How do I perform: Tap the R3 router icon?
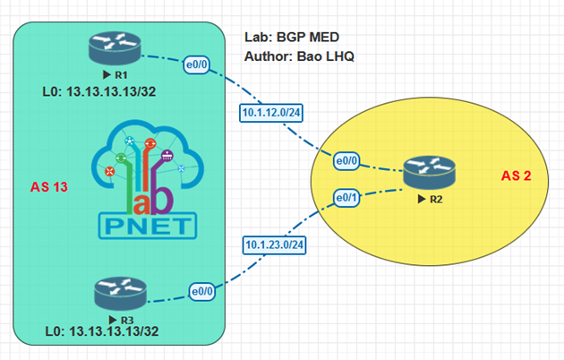(116, 294)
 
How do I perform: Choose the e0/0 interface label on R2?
(346, 162)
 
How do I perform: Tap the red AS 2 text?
(516, 176)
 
